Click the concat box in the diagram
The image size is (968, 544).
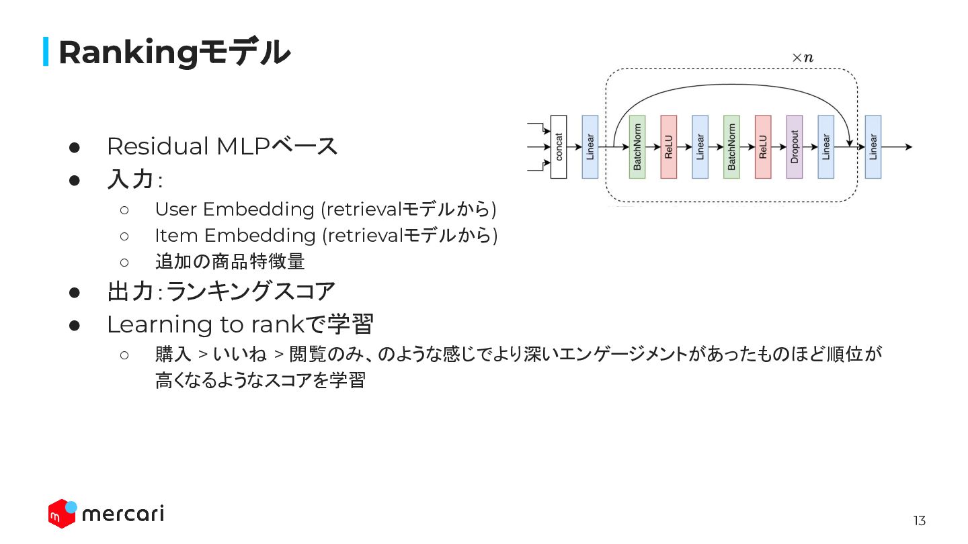[x=558, y=147]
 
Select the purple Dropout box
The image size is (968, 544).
[x=794, y=147]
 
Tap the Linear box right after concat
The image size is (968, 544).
[x=590, y=147]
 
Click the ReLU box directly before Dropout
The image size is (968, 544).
[x=762, y=147]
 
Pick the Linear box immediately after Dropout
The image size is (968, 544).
[x=825, y=147]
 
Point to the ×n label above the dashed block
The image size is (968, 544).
[x=802, y=58]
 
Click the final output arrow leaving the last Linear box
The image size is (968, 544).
[x=897, y=147]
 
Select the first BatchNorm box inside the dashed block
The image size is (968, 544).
[x=637, y=147]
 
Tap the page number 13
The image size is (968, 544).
[x=919, y=520]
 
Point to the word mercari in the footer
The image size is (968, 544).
[x=122, y=514]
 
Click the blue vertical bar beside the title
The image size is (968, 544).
[x=46, y=52]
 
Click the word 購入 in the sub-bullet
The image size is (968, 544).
[x=173, y=354]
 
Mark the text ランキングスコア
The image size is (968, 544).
[x=250, y=291]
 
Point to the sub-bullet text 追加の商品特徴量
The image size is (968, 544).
[x=230, y=261]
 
